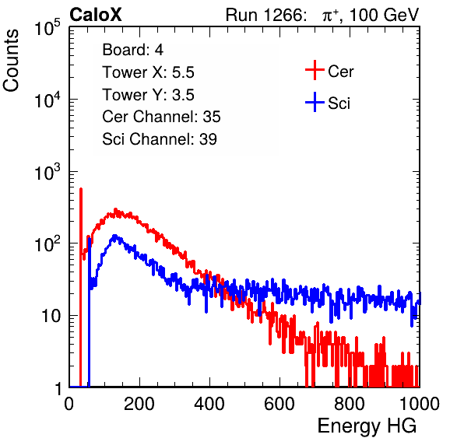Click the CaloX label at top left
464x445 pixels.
96,15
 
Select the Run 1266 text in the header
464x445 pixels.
265,15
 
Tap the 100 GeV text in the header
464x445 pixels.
384,15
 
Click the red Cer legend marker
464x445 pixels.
315,70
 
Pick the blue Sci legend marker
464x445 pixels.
315,103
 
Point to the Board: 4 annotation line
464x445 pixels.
132,50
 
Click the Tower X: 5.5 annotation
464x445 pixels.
148,72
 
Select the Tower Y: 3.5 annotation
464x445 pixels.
148,95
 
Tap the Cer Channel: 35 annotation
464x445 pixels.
161,117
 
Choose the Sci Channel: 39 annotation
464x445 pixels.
160,139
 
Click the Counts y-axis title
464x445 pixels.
11,61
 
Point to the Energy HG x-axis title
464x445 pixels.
367,426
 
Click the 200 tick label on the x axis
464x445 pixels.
139,404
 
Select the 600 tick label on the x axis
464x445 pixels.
279,404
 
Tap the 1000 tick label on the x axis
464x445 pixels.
420,404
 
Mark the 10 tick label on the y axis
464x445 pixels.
51,316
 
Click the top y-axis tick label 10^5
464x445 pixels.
47,27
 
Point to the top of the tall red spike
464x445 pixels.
81,188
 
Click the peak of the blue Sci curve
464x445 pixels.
114,236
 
